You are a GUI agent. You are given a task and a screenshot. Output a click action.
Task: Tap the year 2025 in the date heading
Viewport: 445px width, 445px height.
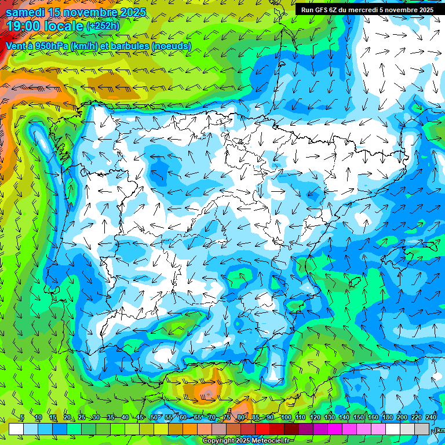click(130, 12)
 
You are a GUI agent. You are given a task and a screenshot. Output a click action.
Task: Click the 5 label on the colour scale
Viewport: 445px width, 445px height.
click(22, 417)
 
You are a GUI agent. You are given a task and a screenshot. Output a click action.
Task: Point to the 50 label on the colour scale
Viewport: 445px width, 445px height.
click(154, 417)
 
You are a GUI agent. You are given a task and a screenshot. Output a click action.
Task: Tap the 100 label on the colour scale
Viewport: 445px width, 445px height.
click(286, 417)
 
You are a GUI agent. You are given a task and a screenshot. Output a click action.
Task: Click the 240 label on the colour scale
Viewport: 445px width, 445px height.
click(431, 417)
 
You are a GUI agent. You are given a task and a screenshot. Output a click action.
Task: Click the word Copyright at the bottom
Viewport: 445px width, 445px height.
click(219, 441)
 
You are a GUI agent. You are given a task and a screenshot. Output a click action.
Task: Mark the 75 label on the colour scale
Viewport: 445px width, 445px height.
click(227, 417)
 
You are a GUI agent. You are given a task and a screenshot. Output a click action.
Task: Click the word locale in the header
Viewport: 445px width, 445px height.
click(63, 26)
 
